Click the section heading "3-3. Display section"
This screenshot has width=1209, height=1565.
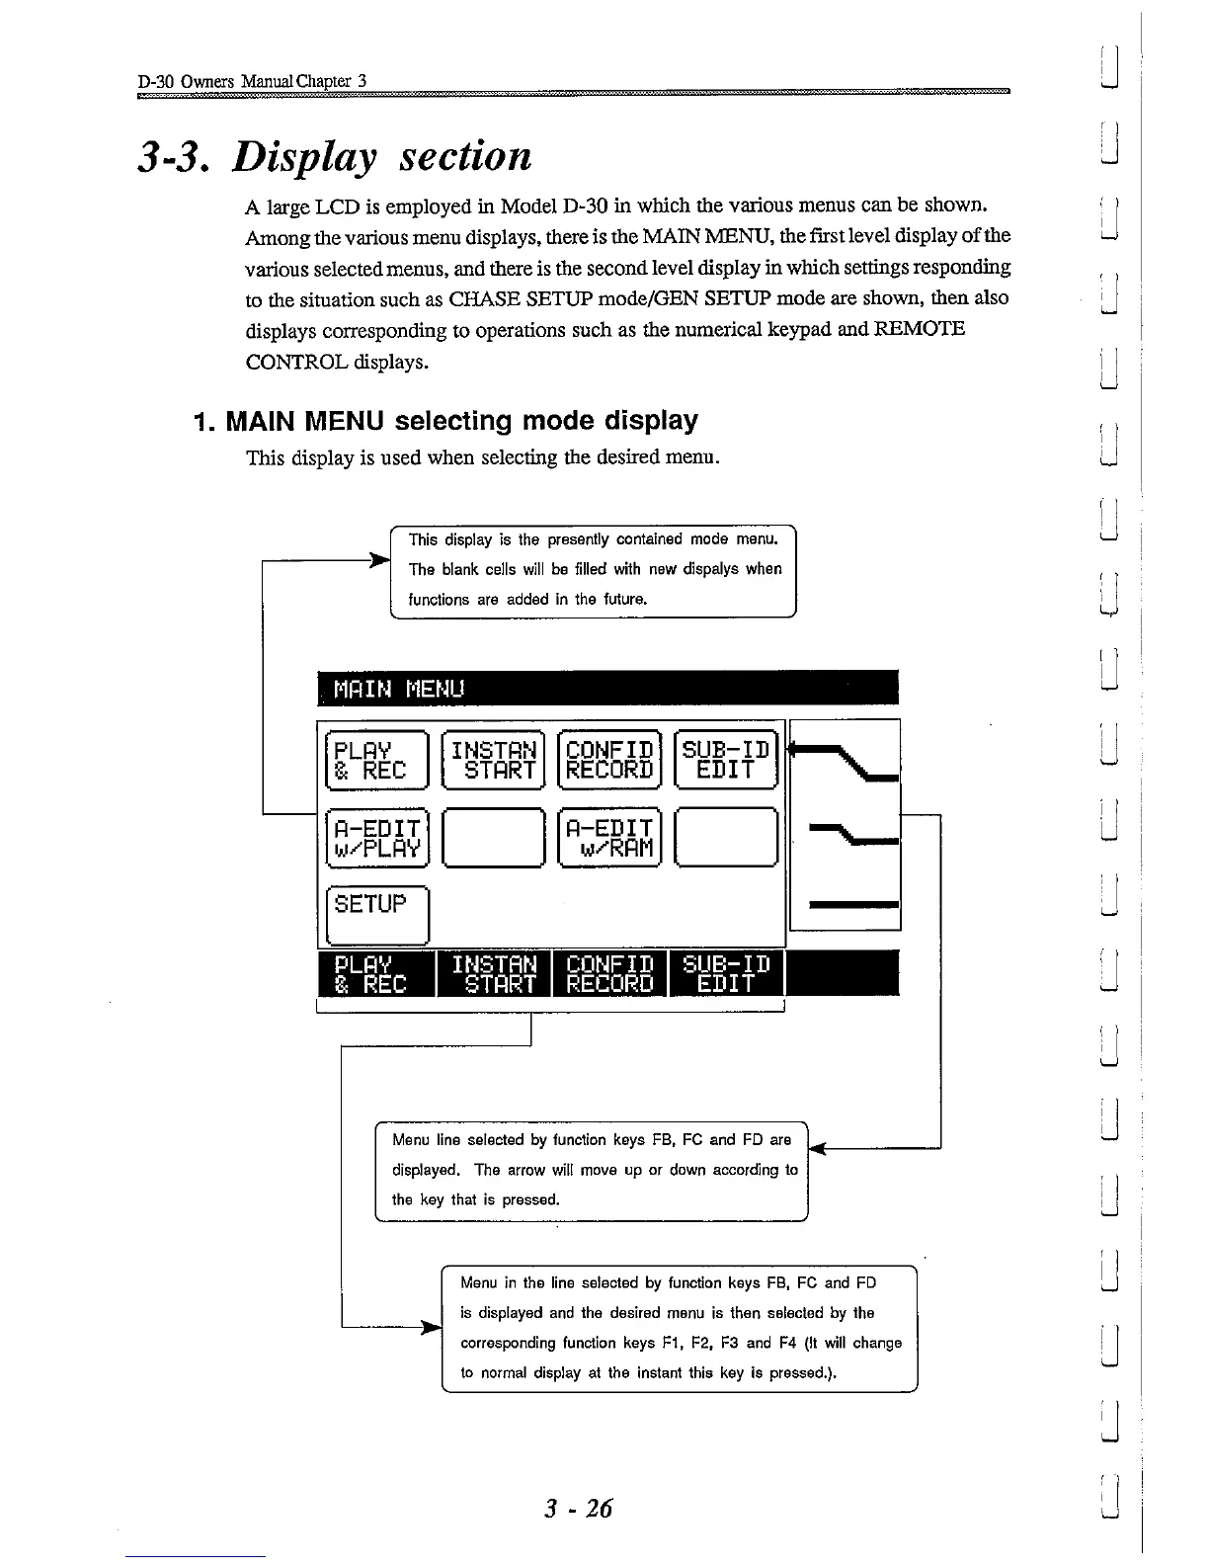tap(333, 157)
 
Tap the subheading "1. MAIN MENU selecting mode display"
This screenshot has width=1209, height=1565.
tap(446, 421)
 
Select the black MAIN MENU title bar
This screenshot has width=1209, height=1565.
tap(607, 688)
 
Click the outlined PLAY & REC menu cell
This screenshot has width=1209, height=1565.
tap(375, 760)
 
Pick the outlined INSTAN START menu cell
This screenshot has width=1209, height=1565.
tap(493, 760)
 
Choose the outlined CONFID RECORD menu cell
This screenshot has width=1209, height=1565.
tap(609, 760)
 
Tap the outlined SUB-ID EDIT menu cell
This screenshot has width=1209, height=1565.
tap(726, 760)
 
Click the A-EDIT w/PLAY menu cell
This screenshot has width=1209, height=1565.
tap(375, 838)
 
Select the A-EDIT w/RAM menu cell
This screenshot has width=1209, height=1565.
tap(609, 838)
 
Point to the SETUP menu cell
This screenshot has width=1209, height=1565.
tap(375, 915)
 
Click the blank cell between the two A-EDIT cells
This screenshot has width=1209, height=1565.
tap(493, 838)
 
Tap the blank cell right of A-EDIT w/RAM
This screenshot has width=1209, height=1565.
tap(726, 838)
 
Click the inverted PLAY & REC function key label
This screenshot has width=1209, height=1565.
tap(375, 974)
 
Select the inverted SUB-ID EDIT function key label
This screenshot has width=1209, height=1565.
tap(726, 974)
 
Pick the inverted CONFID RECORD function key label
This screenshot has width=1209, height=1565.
tap(609, 974)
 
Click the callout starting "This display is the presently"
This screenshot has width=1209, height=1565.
tap(595, 570)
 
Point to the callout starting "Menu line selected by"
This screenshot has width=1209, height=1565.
tap(593, 1171)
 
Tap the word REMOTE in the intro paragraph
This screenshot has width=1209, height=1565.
tap(918, 329)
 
